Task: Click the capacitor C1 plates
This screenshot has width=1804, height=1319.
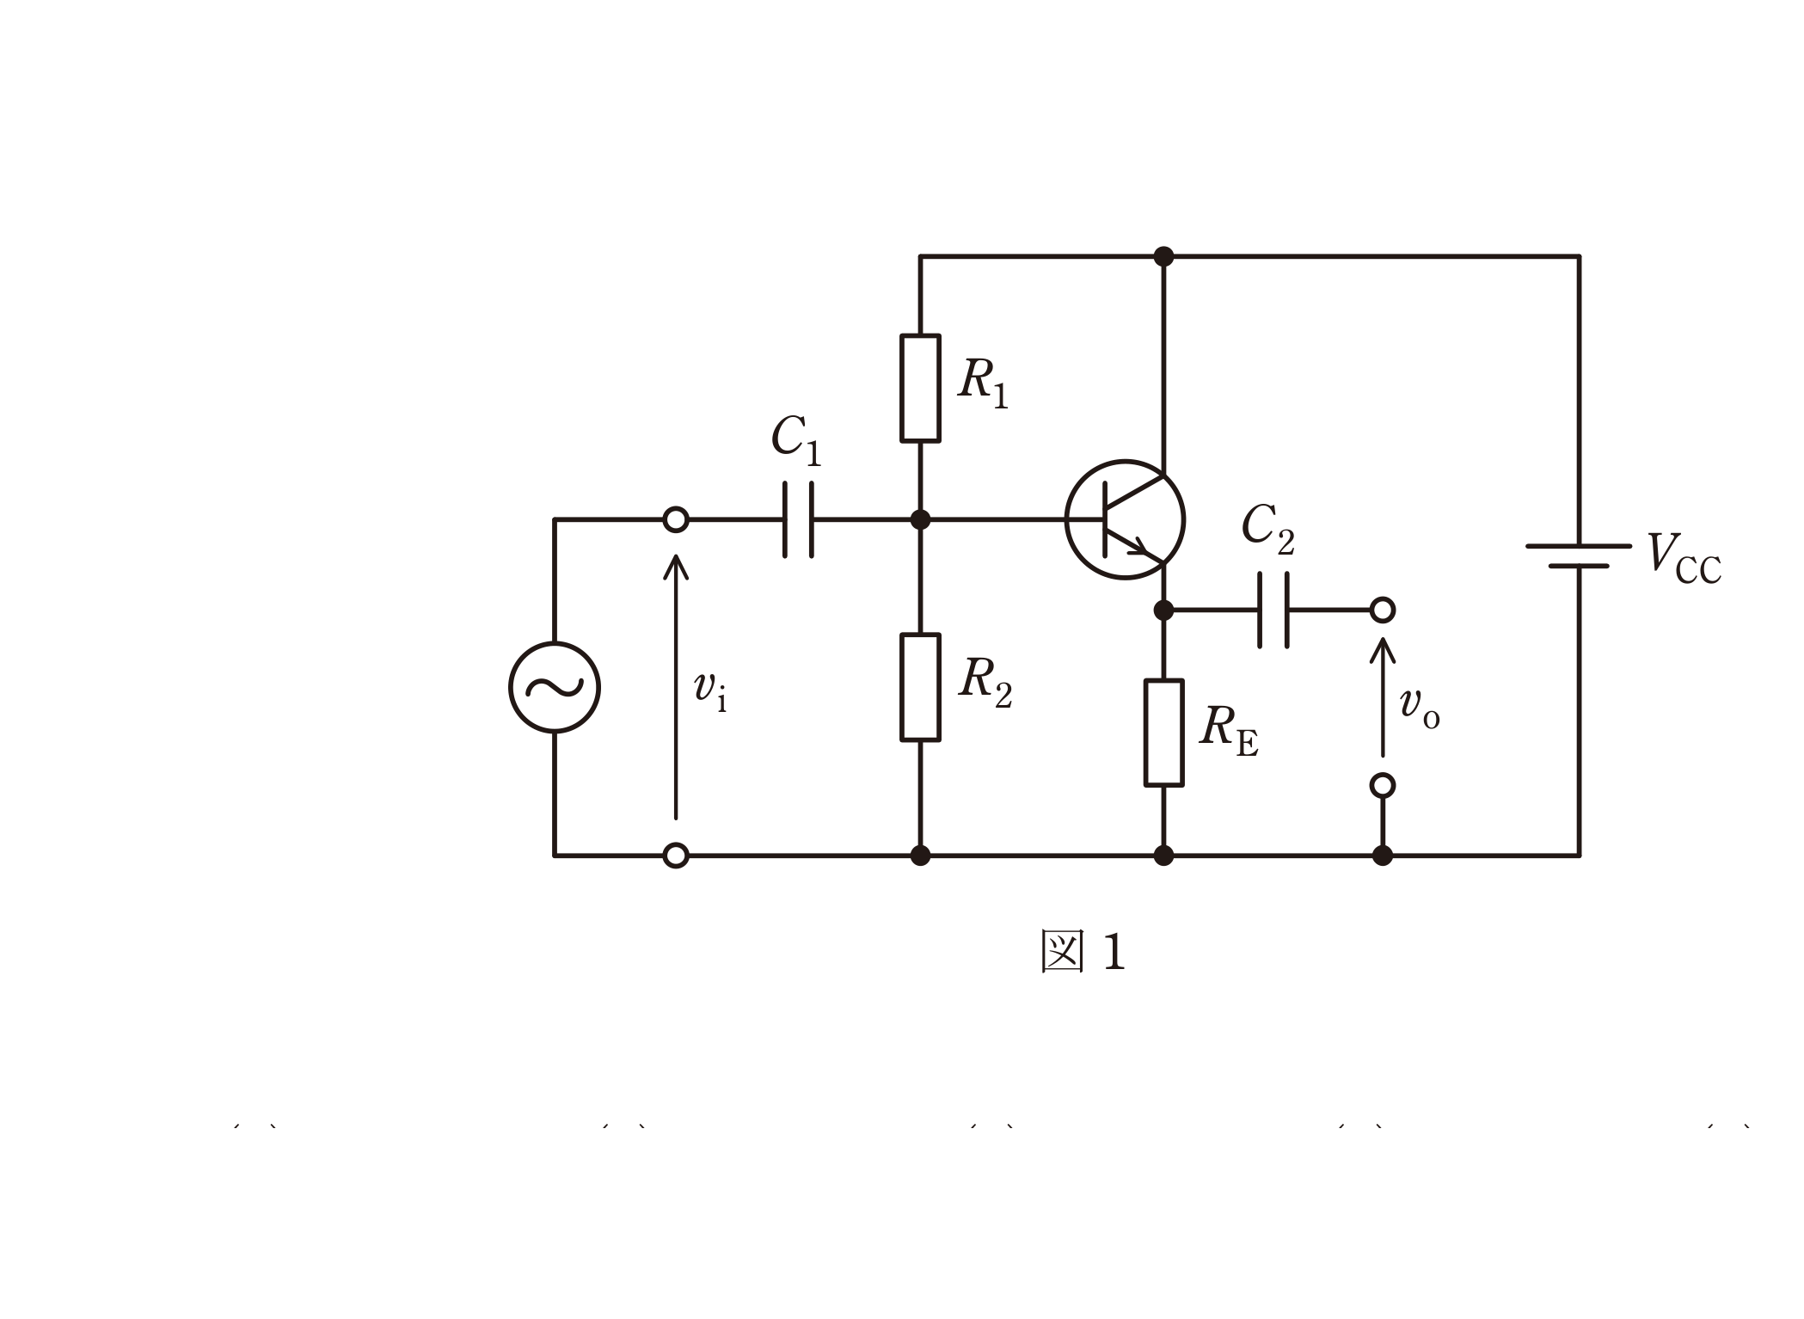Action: click(798, 519)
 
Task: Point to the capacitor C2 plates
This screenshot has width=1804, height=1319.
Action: click(1273, 610)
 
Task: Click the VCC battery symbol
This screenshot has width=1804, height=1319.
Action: click(1579, 555)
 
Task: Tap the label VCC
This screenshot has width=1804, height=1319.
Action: click(1684, 559)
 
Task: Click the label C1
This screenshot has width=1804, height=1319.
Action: click(796, 439)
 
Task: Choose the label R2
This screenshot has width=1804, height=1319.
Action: click(985, 682)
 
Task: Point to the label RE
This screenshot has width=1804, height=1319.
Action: click(1229, 730)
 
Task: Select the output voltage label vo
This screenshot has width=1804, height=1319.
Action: click(1419, 708)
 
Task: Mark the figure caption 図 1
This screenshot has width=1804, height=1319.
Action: click(1083, 951)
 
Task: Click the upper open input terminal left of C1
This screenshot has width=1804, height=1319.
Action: click(676, 519)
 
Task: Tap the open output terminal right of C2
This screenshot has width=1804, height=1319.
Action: click(1383, 610)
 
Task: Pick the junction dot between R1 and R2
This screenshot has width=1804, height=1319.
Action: click(920, 519)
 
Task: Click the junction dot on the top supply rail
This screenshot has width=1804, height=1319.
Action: click(1163, 256)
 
